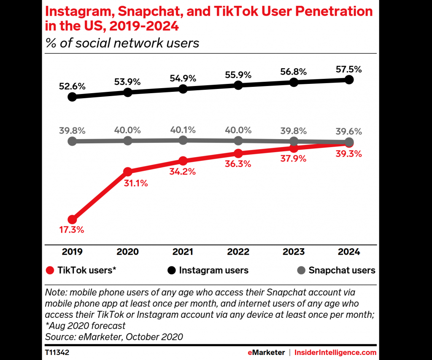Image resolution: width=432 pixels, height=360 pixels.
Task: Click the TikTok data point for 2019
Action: click(72, 219)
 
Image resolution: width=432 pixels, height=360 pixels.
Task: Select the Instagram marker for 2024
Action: click(349, 80)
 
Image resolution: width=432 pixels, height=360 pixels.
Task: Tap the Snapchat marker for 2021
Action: click(183, 140)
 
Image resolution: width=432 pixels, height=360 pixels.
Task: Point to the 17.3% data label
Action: click(72, 230)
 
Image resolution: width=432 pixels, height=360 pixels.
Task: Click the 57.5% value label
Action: click(348, 69)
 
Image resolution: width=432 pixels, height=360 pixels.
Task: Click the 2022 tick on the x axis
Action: click(238, 252)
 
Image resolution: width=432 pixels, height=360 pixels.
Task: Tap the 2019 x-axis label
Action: click(72, 252)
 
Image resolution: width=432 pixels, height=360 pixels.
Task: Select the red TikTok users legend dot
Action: click(51, 270)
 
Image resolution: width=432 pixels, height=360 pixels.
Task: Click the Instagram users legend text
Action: click(213, 270)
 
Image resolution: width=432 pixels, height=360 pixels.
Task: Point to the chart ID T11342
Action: click(58, 352)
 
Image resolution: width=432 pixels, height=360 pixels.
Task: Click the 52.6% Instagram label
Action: click(72, 86)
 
